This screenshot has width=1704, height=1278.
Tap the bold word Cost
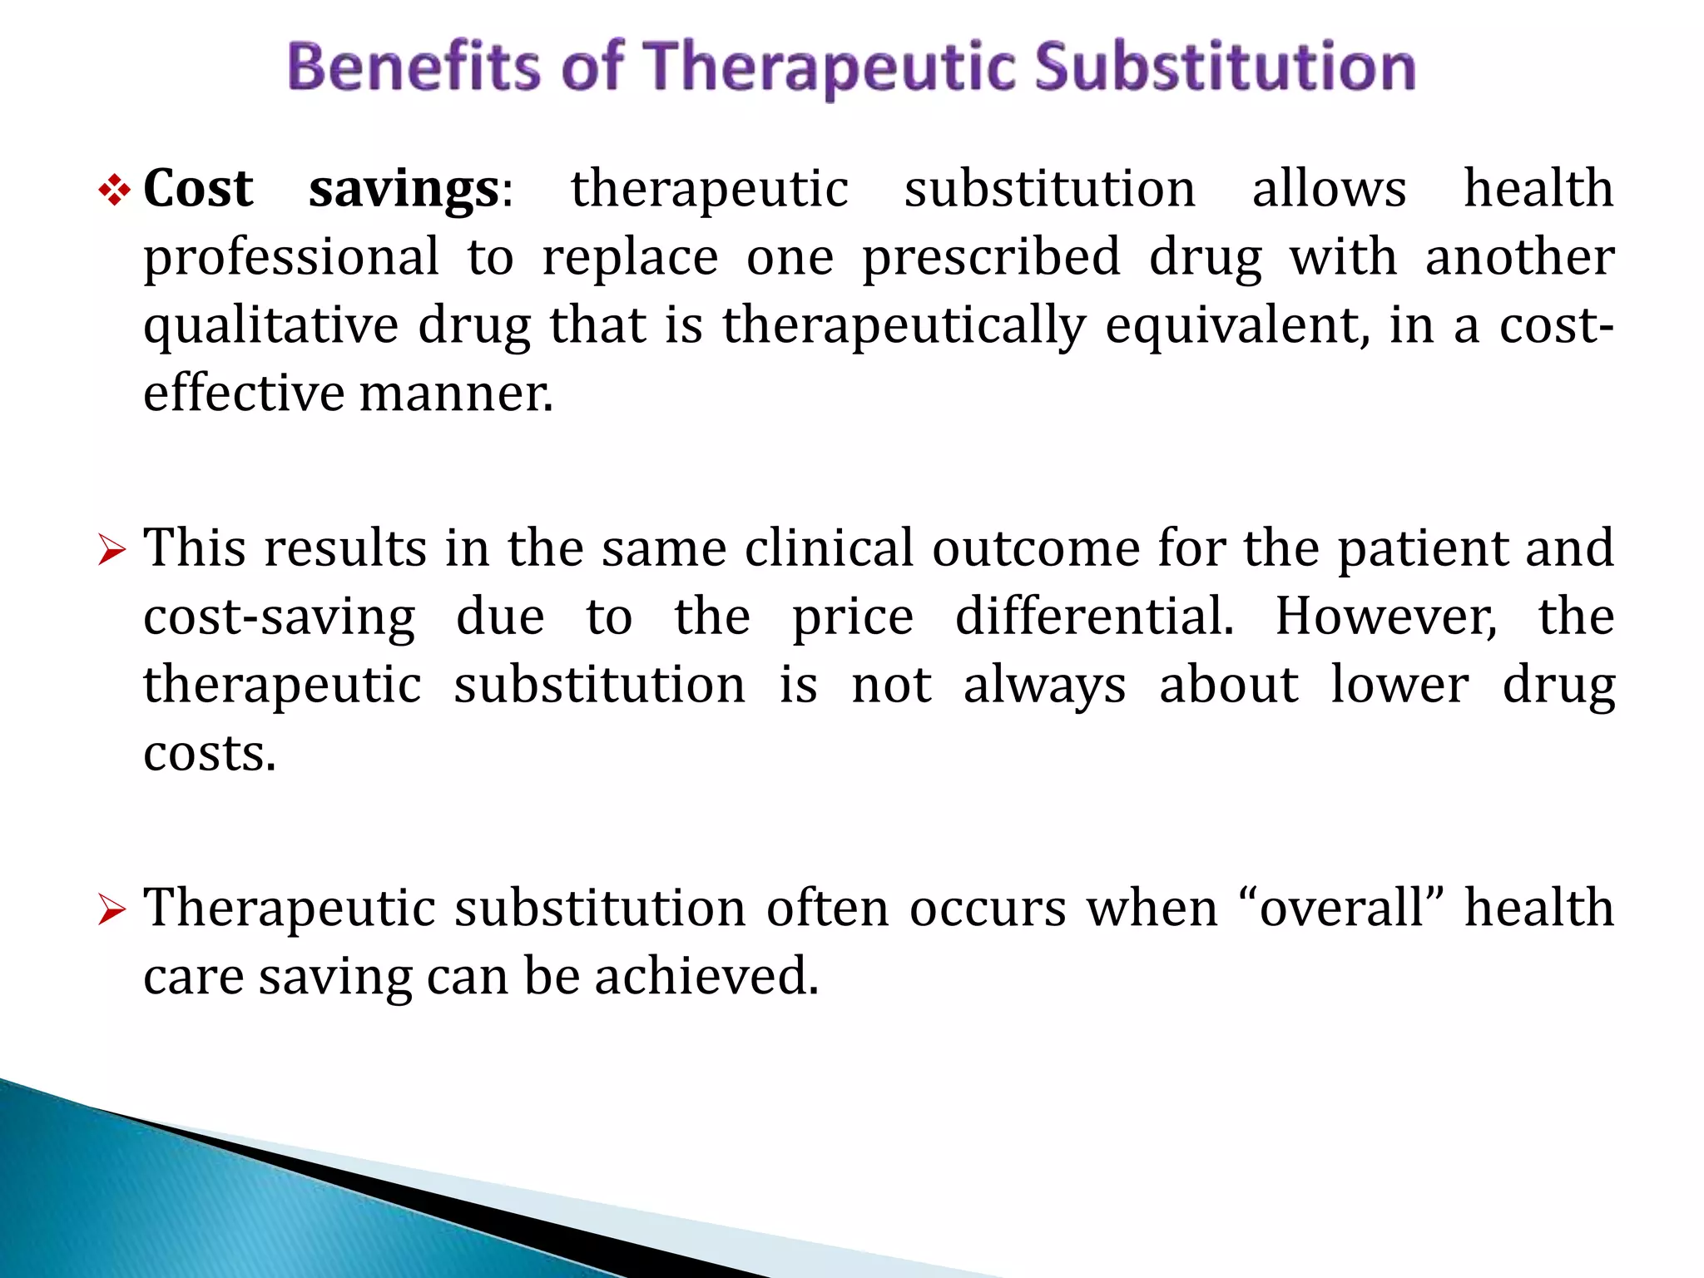coord(198,189)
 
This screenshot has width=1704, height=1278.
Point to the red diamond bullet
coord(114,192)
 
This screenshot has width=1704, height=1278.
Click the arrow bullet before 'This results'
coord(111,551)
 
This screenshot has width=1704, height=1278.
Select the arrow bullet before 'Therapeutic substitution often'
coord(111,909)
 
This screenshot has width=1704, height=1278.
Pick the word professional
coord(291,258)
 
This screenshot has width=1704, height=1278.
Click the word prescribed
coord(991,258)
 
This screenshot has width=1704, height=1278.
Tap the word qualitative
coord(271,326)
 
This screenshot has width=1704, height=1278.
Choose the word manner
coord(456,394)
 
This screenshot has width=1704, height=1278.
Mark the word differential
coord(1094,617)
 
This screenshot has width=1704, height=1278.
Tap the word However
coord(1386,617)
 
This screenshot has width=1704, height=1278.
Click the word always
coord(1044,686)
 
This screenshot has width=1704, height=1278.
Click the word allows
coord(1329,189)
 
